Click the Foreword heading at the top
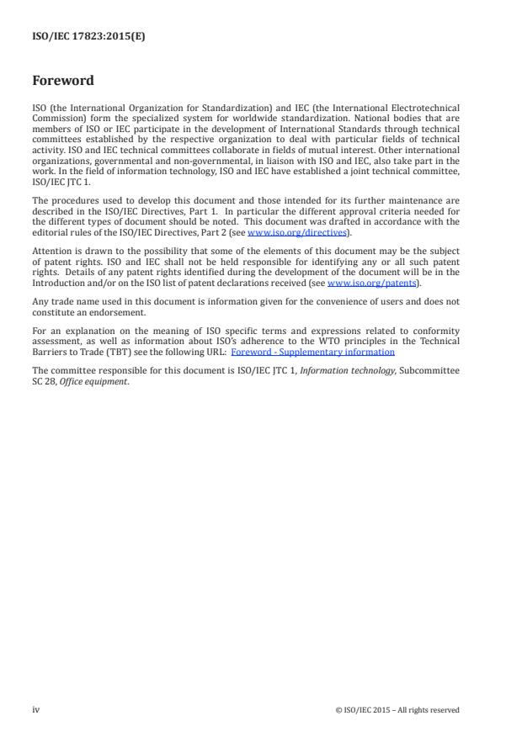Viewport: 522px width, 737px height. click(62, 82)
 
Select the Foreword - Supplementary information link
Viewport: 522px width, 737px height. click(312, 353)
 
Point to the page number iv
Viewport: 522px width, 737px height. click(35, 710)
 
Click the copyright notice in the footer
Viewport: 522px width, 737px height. click(397, 710)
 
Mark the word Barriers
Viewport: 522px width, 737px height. click(48, 353)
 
